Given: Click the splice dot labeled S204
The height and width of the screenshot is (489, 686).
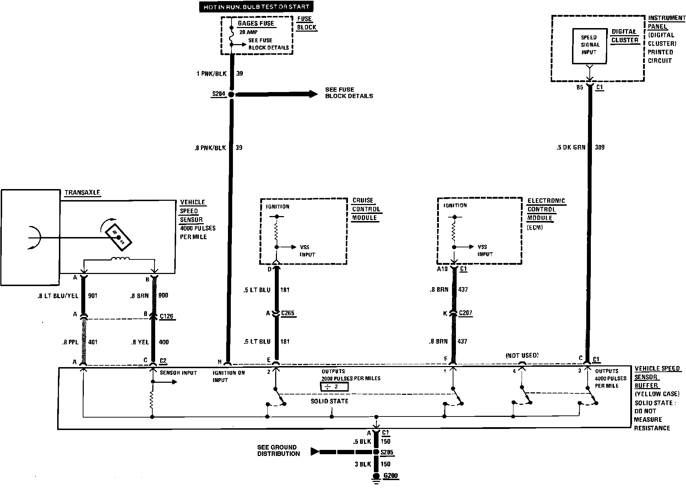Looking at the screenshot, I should tap(231, 95).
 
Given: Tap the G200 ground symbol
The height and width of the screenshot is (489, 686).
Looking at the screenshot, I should tap(376, 477).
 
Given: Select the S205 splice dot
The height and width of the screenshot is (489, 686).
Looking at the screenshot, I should tap(376, 452).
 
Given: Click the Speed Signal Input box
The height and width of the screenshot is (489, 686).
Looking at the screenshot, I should tap(589, 46).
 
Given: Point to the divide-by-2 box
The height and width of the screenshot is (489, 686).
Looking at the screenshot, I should tap(334, 387).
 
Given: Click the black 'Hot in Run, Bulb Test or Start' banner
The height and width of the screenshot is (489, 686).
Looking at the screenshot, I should tap(256, 7).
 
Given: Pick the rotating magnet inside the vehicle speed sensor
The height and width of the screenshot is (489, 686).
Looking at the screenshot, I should tap(119, 237).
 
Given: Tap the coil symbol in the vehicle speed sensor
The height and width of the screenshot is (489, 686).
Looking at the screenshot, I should tap(120, 259).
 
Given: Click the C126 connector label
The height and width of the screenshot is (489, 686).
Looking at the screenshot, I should tap(167, 316).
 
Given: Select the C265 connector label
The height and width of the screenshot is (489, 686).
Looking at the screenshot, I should tap(288, 313).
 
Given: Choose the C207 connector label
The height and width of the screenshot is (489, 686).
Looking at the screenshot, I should tap(466, 313).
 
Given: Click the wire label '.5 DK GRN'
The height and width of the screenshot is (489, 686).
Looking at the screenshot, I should tap(571, 147).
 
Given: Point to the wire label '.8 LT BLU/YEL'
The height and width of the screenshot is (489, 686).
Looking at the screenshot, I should tap(58, 296).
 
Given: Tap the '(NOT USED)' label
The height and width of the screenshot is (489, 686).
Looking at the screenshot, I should tap(522, 355).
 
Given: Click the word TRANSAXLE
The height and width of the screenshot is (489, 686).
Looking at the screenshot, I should tap(82, 193).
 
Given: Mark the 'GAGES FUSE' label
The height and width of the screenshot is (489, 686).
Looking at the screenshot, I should tap(256, 23).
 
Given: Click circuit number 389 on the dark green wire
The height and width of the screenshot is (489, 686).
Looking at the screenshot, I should tap(599, 147).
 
